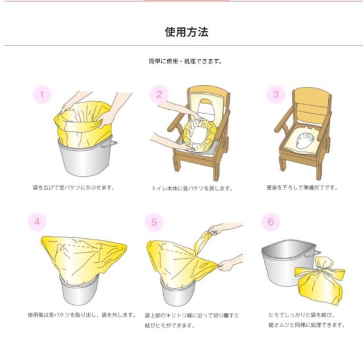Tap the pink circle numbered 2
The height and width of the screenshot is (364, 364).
click(x=159, y=94)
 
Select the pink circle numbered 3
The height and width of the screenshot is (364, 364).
click(x=276, y=94)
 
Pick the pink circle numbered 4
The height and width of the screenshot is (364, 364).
click(x=37, y=221)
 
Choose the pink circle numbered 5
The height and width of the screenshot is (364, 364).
click(x=154, y=222)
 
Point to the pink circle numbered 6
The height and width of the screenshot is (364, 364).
click(x=271, y=222)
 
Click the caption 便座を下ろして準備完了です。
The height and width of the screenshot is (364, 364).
click(x=302, y=187)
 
